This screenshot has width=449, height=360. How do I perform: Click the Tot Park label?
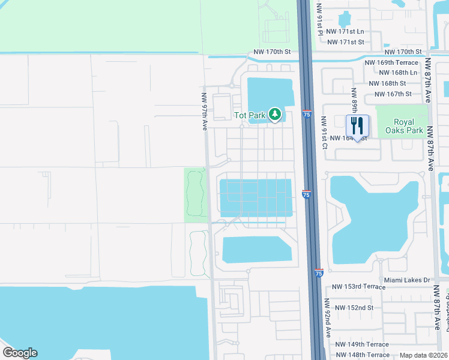click(x=249, y=115)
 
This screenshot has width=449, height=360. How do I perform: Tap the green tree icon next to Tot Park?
click(x=275, y=114)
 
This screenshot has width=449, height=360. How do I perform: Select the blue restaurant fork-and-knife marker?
click(x=357, y=127)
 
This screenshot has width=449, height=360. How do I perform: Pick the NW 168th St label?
click(x=388, y=83)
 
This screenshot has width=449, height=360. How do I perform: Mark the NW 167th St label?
click(x=393, y=94)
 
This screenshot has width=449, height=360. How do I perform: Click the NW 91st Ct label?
click(x=325, y=132)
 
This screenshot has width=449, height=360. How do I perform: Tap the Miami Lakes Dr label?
click(x=406, y=280)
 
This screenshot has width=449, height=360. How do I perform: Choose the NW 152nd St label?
click(x=354, y=308)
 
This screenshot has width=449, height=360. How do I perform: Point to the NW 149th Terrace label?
click(x=362, y=344)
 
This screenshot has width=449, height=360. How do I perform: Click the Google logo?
click(x=20, y=353)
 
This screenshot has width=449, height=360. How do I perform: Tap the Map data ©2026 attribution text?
click(x=423, y=355)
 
